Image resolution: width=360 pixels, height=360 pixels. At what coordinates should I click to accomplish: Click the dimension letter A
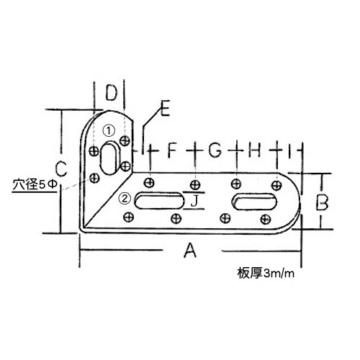tap(190, 250)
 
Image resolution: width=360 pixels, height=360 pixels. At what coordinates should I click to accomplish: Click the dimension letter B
tap(322, 202)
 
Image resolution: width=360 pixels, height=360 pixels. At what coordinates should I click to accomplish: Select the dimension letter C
tap(60, 168)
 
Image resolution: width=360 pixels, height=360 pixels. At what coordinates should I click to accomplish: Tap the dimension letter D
tap(112, 93)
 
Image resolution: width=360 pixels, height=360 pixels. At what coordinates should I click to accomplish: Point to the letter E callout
tap(165, 109)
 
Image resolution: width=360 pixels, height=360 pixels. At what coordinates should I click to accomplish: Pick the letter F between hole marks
tap(172, 150)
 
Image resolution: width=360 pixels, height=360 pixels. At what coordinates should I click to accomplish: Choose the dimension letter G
tap(215, 150)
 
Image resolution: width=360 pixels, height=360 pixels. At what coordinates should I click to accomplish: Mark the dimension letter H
tap(254, 150)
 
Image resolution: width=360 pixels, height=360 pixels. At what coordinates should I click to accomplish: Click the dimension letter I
tap(290, 150)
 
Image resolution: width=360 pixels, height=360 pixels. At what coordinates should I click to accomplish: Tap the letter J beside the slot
tap(194, 201)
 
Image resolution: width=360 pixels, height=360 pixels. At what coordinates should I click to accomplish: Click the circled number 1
tap(109, 131)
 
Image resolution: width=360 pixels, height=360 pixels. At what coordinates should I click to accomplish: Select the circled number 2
tap(125, 199)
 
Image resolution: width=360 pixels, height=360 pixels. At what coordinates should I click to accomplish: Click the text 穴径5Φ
tap(35, 185)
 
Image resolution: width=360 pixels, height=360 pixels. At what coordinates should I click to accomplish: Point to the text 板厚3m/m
tap(266, 273)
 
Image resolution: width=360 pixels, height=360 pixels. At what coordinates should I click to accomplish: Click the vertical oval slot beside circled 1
tap(109, 158)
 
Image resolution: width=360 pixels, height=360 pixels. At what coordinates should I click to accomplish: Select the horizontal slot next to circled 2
tap(159, 201)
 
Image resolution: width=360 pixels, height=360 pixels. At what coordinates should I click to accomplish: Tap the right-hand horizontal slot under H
tap(254, 202)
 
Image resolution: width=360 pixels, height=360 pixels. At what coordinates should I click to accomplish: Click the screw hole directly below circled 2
tap(129, 217)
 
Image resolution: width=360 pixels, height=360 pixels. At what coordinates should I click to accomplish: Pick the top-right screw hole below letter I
tap(276, 185)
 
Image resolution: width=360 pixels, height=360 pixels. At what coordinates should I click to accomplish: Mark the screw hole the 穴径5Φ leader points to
tap(94, 178)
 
